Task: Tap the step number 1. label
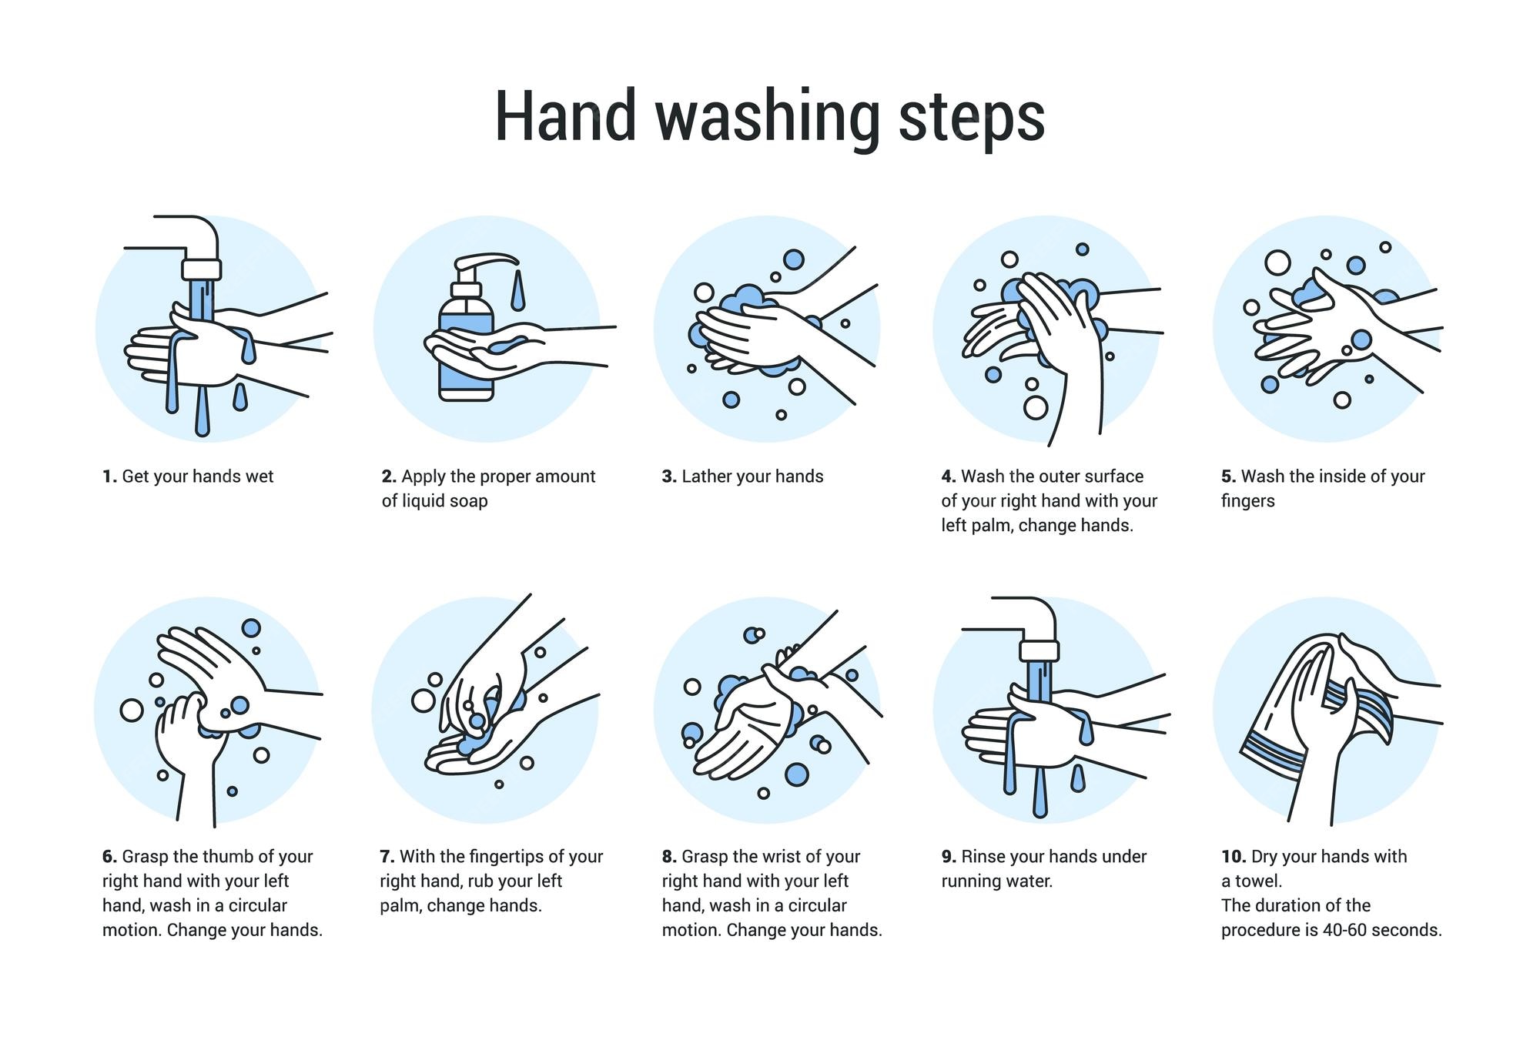(109, 477)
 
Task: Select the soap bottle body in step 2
(466, 350)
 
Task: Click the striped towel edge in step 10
(1270, 755)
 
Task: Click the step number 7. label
(387, 857)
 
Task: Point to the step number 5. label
(1229, 477)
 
